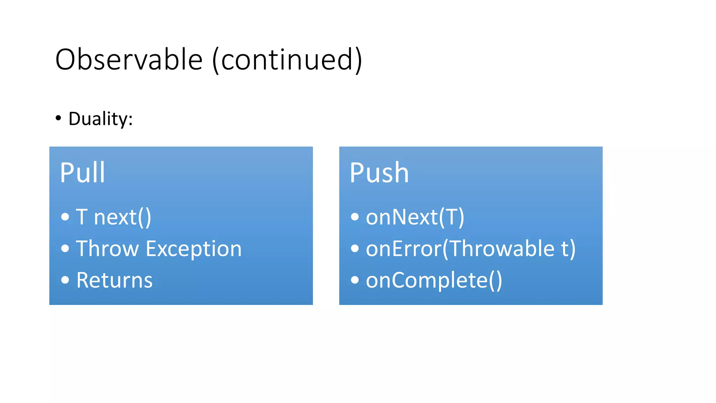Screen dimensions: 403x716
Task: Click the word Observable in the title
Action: (x=129, y=59)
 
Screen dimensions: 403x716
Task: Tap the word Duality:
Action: (x=101, y=119)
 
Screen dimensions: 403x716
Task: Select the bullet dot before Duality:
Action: (x=58, y=118)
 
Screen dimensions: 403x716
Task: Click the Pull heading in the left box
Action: (x=83, y=172)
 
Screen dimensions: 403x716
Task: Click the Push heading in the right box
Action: (x=379, y=172)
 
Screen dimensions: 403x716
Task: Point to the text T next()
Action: (x=114, y=217)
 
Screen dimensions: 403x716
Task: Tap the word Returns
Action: (x=114, y=280)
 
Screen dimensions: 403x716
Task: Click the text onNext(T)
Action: (x=415, y=217)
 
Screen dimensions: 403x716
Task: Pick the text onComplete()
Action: (x=434, y=280)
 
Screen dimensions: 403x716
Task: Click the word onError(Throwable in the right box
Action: (x=460, y=249)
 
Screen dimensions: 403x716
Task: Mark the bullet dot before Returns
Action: (x=65, y=280)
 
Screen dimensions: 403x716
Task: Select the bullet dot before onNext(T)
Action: (x=355, y=217)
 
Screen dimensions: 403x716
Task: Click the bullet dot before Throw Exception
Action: (x=65, y=248)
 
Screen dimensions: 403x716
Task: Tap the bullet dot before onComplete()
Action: (x=355, y=280)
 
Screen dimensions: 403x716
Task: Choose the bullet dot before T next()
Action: (x=65, y=217)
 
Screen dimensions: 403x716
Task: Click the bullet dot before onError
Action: (x=355, y=248)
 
